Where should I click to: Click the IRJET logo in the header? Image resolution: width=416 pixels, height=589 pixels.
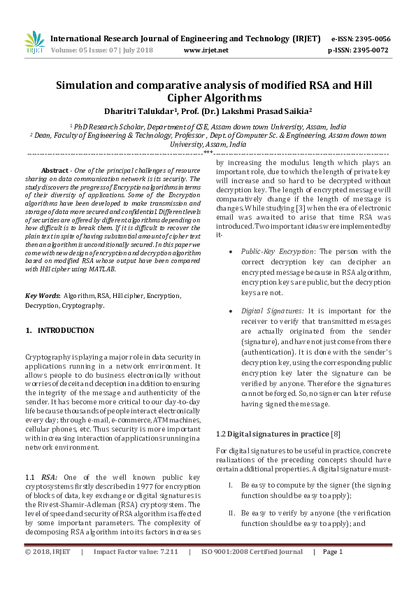point(35,43)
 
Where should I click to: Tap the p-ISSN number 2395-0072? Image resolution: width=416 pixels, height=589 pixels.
point(372,50)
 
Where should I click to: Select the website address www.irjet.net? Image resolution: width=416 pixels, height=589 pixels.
point(206,50)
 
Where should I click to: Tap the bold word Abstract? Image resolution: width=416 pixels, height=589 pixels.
point(55,171)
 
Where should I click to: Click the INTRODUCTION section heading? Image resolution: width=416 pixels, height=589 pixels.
point(65,329)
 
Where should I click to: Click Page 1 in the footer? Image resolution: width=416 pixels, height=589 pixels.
point(331,572)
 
